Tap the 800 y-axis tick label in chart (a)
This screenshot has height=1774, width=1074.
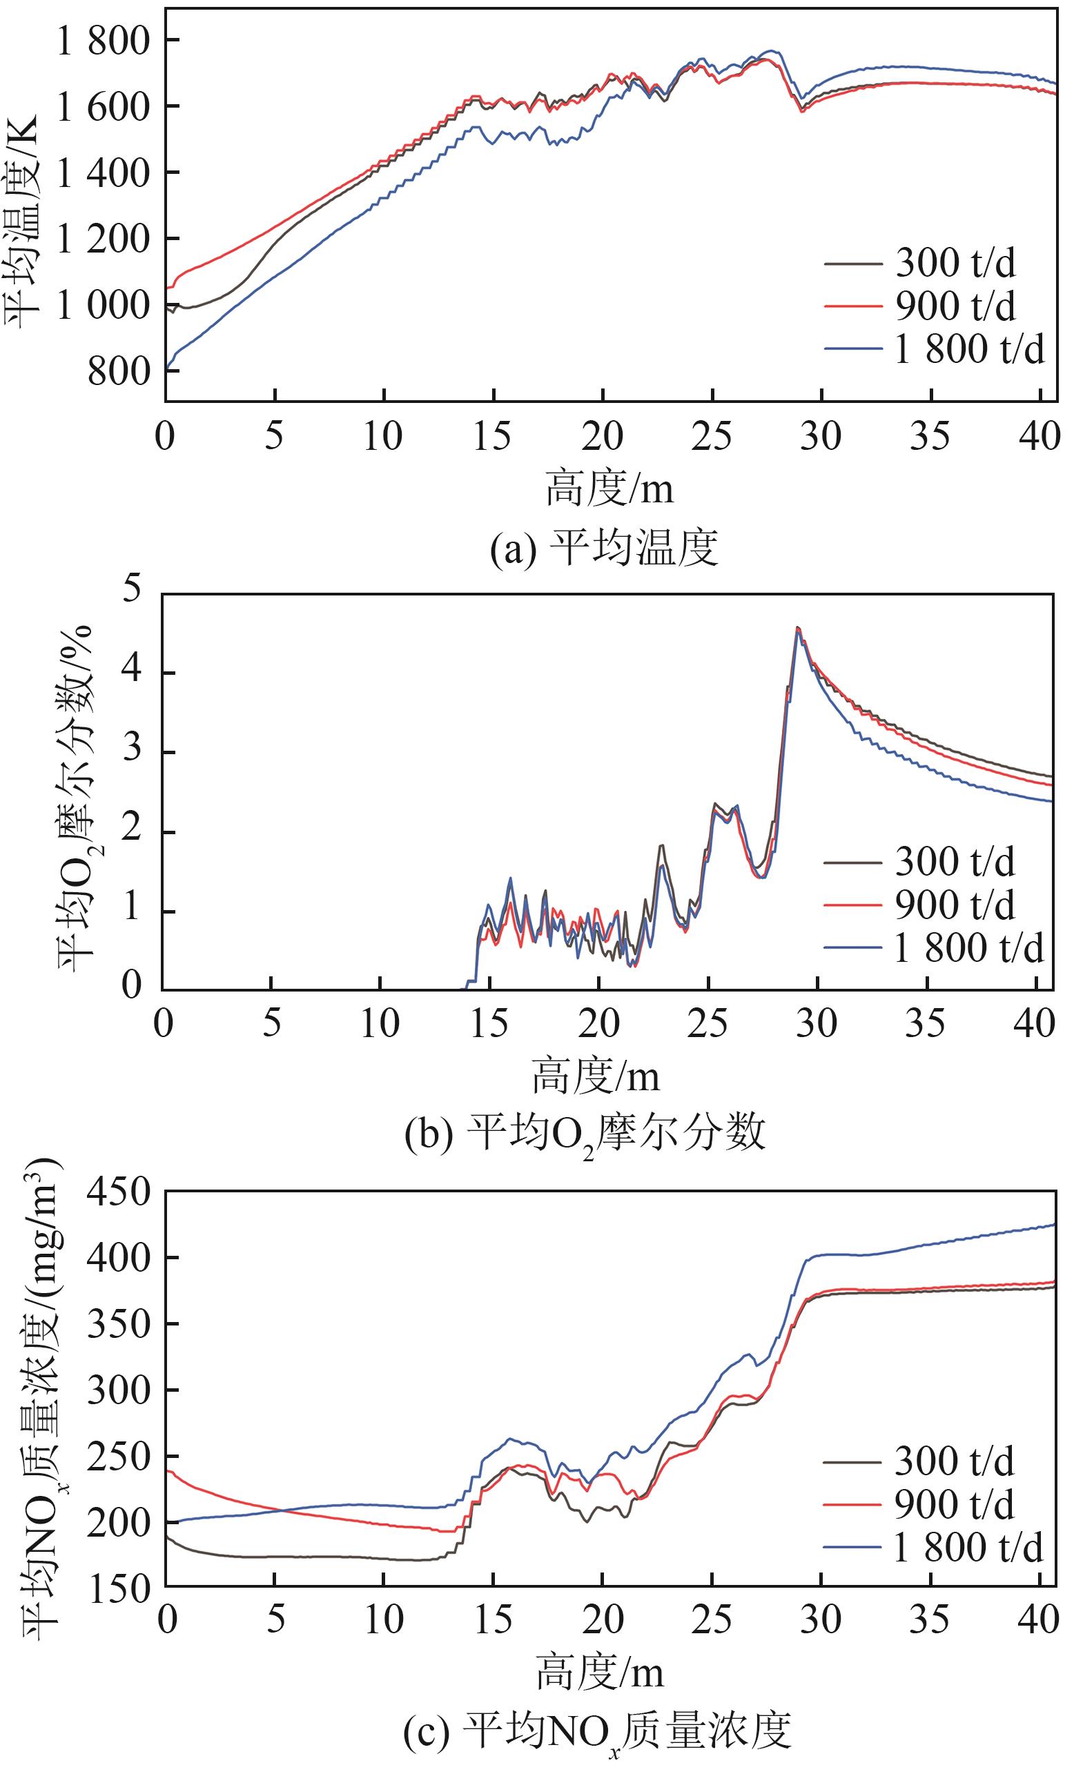(x=119, y=372)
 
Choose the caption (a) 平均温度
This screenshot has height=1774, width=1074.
(x=604, y=549)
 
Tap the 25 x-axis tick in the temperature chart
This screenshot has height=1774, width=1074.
(x=712, y=436)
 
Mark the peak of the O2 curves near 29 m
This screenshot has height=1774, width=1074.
(x=797, y=628)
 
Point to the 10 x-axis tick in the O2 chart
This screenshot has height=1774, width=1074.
(x=380, y=1023)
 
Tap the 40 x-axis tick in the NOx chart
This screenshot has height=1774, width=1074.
(x=1040, y=1617)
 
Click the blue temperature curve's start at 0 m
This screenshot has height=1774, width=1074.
(x=168, y=368)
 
